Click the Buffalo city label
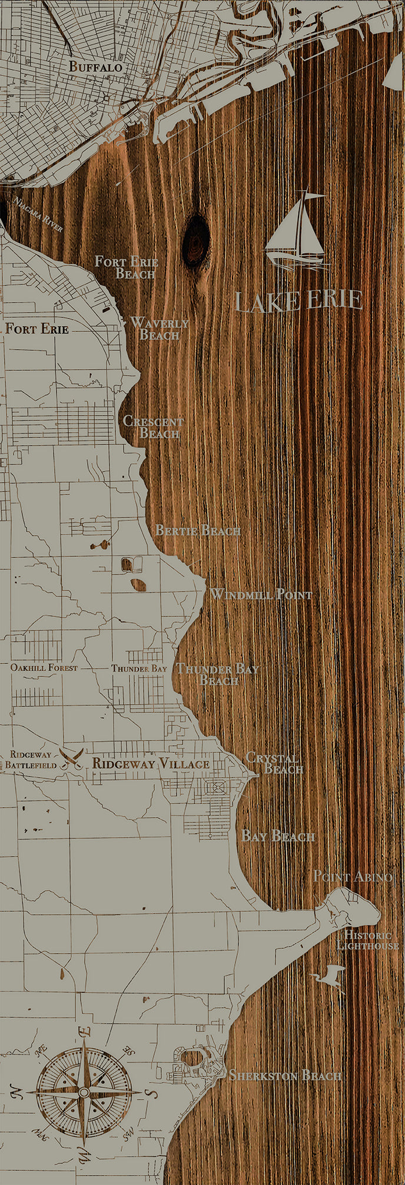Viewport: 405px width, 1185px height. click(95, 67)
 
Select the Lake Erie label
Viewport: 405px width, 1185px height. click(298, 300)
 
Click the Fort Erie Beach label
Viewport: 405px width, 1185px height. click(127, 267)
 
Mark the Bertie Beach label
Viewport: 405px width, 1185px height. click(198, 530)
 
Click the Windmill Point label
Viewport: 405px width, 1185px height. click(261, 595)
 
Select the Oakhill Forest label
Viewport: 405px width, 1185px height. click(44, 668)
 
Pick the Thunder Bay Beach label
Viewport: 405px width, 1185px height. click(217, 675)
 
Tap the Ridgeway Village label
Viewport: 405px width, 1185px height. click(151, 764)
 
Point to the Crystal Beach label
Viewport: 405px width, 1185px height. click(274, 763)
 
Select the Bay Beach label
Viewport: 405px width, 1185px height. click(278, 837)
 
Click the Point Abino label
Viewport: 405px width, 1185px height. click(352, 877)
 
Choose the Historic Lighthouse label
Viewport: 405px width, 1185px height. click(368, 940)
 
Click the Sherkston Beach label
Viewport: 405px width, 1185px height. click(285, 1076)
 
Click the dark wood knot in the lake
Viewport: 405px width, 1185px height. click(196, 240)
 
